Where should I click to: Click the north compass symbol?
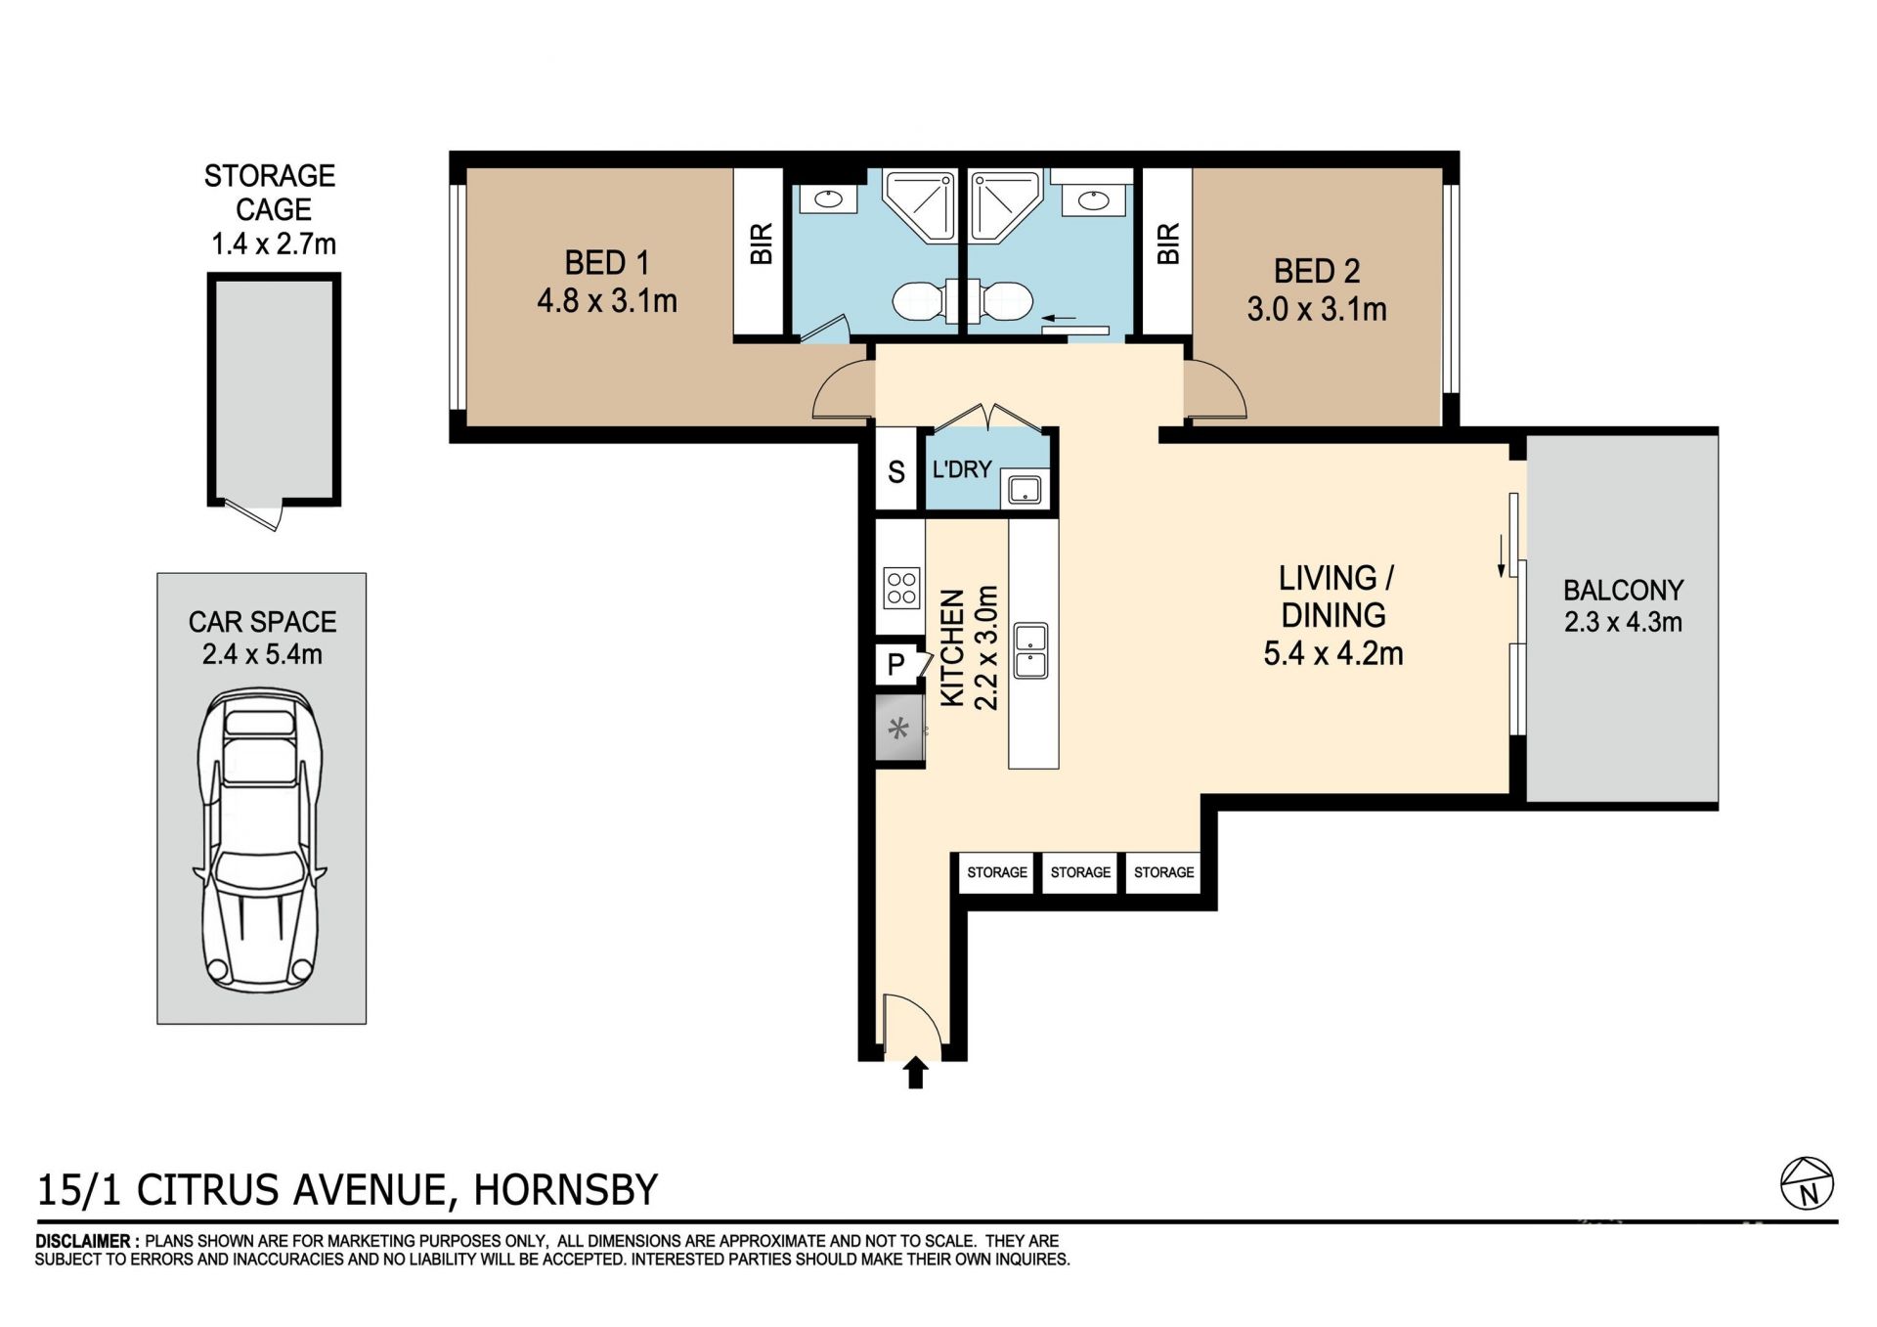(x=1807, y=1185)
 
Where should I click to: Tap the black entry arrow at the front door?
(x=915, y=1072)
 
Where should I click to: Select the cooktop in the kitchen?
(x=901, y=589)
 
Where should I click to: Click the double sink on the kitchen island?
(x=1031, y=651)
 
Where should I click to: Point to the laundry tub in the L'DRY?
(x=1024, y=489)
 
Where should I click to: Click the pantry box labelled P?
(x=895, y=665)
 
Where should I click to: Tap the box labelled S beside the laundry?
(x=896, y=471)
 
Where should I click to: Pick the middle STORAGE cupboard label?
(x=1080, y=872)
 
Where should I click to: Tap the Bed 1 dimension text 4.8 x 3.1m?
(x=607, y=300)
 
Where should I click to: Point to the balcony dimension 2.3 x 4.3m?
(x=1623, y=622)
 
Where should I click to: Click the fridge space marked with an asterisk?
(x=899, y=728)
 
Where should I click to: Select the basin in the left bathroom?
(x=828, y=199)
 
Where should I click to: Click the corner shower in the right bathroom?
(x=1005, y=207)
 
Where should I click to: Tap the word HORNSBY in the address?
(x=566, y=1190)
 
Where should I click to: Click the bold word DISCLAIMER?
(x=84, y=1242)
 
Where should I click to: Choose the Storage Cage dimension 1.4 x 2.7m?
(x=274, y=243)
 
